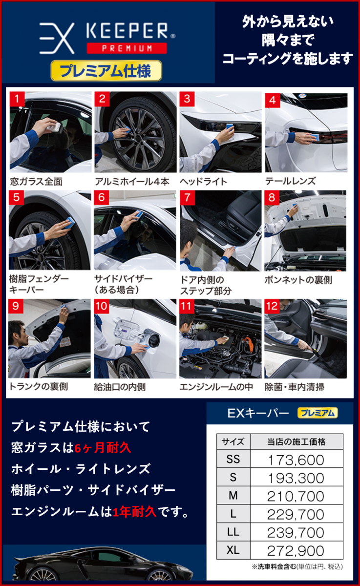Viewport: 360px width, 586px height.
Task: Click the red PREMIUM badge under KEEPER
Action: pos(127,48)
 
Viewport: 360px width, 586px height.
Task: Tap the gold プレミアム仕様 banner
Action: pos(106,71)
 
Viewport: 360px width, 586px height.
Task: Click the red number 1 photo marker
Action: pos(17,99)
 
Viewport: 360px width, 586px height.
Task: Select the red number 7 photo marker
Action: pos(187,197)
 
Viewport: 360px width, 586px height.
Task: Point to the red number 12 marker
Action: pos(272,306)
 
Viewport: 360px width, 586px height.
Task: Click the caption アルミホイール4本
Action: pos(132,182)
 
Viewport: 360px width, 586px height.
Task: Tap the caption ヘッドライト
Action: pos(203,182)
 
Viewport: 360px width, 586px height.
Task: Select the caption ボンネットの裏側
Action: pos(298,280)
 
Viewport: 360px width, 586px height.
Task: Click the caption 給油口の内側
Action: pos(120,387)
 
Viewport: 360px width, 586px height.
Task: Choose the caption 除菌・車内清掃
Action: pos(295,387)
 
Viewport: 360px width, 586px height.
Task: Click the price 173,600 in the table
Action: pos(296,460)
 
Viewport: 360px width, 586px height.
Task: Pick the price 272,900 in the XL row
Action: pos(296,551)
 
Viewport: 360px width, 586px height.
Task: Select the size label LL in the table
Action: pos(233,532)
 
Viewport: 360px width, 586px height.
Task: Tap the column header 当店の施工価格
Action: pos(296,442)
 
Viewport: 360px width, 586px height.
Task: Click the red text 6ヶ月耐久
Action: pos(103,448)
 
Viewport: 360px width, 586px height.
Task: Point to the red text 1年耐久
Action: pos(134,512)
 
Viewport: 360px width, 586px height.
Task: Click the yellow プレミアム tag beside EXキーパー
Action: pos(318,413)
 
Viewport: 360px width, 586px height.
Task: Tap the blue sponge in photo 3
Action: pos(230,127)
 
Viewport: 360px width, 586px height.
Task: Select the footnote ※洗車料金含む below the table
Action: pos(274,566)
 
